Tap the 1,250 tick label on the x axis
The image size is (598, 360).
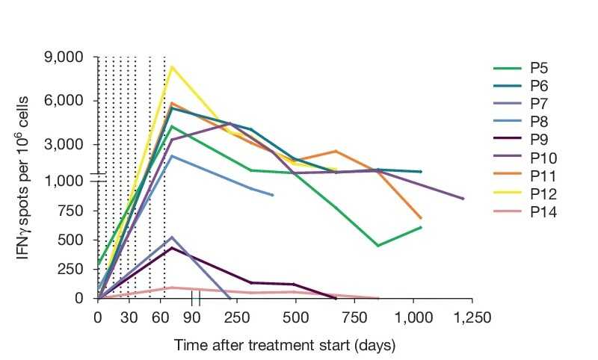point(472,317)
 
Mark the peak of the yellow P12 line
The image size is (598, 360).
point(172,67)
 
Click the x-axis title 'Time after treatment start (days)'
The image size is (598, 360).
point(284,346)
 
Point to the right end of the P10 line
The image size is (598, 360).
point(463,199)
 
